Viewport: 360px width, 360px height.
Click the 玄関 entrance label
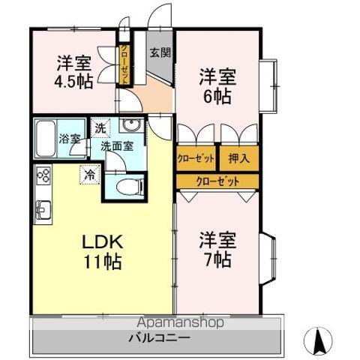pos(157,52)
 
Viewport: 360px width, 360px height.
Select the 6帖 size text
pos(217,96)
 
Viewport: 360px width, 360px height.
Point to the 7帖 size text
pos(217,259)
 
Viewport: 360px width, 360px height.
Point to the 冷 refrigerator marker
pos(89,176)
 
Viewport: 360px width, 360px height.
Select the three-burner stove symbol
pos(43,178)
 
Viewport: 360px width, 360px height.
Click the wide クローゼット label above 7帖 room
pos(218,181)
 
